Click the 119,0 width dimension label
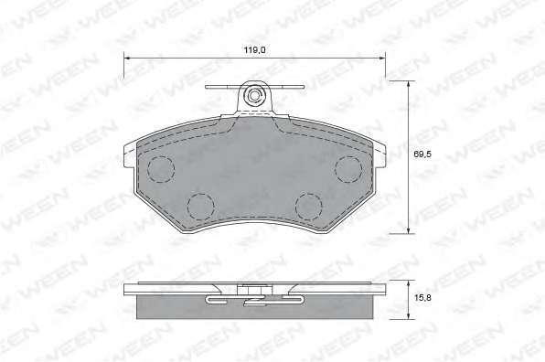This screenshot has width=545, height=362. (255, 50)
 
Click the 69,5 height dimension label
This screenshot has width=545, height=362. (422, 154)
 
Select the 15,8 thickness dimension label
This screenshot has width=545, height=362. (422, 297)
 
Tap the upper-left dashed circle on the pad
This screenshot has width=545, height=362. (160, 169)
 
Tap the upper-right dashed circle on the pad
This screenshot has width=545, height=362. (348, 169)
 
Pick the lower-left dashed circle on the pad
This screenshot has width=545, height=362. (200, 207)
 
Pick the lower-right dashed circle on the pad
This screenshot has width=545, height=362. (309, 207)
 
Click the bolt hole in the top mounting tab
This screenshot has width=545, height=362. (253, 95)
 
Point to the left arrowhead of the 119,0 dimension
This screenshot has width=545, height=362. (127, 58)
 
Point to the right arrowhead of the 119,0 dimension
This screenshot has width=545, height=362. (382, 58)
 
